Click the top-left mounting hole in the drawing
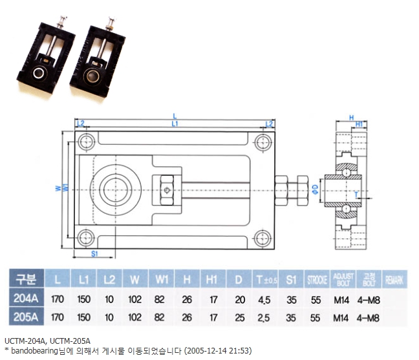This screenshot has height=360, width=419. click(x=84, y=142)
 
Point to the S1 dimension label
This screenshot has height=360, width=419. click(x=94, y=254)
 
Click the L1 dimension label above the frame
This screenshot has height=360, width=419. click(x=175, y=123)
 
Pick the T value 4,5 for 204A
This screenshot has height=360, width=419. click(x=263, y=299)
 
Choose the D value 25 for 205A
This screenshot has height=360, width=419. click(x=239, y=317)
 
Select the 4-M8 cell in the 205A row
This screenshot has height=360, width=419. click(x=369, y=317)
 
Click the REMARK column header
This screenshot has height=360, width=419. click(x=395, y=281)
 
